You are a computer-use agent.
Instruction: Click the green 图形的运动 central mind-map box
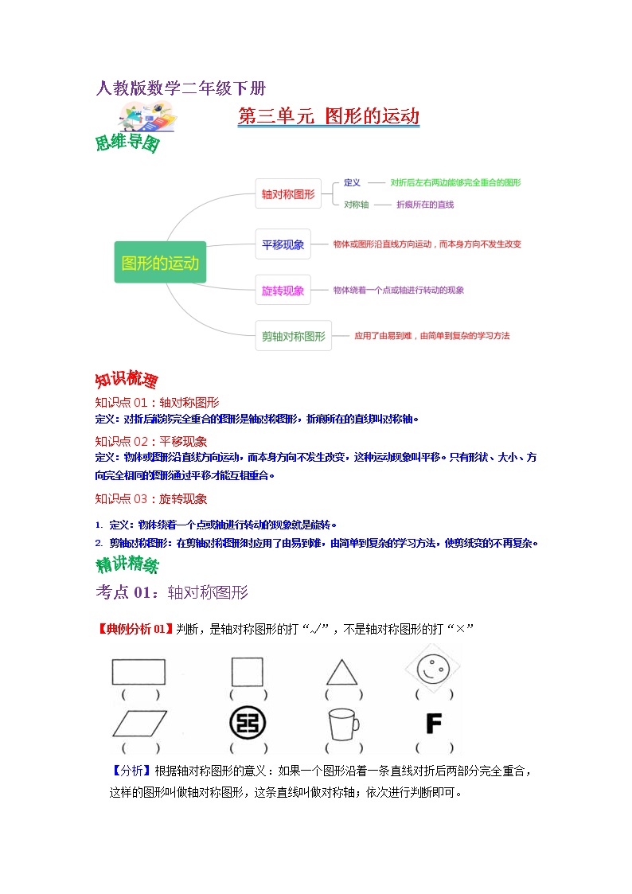160,262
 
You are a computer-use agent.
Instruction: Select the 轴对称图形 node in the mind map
288,193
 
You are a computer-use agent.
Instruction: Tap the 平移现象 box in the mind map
283,244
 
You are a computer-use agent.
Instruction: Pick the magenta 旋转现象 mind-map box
283,291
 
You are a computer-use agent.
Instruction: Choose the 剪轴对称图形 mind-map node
294,336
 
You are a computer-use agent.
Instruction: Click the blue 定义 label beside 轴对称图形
352,182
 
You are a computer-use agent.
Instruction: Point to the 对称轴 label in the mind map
356,205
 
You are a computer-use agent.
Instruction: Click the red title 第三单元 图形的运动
329,116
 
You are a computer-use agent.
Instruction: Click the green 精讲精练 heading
127,566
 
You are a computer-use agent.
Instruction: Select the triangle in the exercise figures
341,673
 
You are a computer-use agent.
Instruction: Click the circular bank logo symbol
247,723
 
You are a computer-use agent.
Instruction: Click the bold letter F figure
434,723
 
